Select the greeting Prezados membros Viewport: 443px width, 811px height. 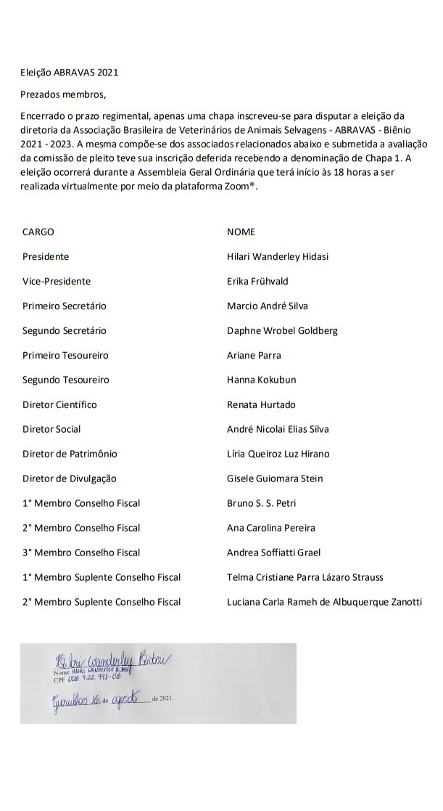click(x=64, y=94)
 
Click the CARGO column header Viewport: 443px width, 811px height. click(x=38, y=232)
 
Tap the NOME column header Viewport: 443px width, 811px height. click(x=241, y=232)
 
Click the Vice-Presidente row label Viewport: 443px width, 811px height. click(x=57, y=282)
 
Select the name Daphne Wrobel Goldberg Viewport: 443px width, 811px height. click(x=282, y=331)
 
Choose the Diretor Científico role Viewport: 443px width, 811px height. click(x=59, y=404)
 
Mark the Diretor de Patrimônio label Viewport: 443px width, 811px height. click(x=70, y=454)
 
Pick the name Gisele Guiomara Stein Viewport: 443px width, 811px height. click(x=275, y=478)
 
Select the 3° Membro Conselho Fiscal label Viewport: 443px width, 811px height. click(x=81, y=553)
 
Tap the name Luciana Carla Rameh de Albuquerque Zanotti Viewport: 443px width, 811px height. click(x=324, y=602)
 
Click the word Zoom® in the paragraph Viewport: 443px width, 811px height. click(x=242, y=187)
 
